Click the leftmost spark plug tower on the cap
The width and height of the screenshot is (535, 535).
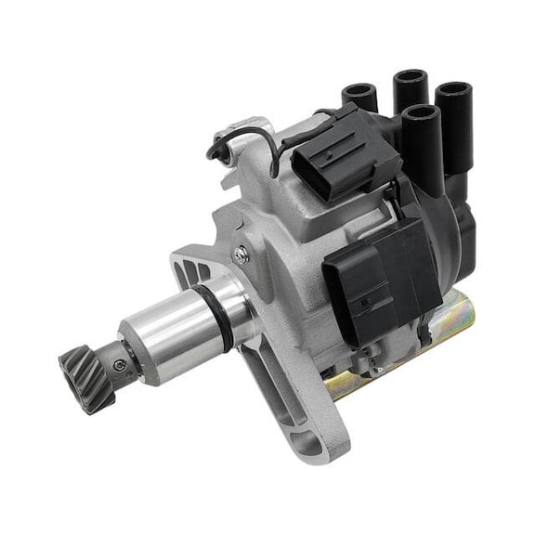click(x=357, y=94)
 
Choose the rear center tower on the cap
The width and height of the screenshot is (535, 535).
click(x=410, y=89)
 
